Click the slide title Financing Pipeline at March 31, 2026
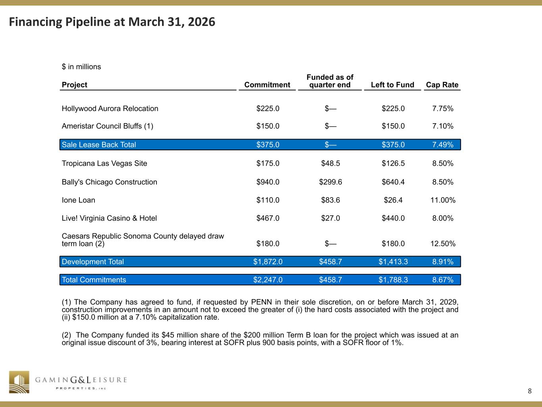(x=112, y=22)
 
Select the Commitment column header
(x=267, y=85)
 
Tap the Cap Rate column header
(x=442, y=85)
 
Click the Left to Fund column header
(x=392, y=85)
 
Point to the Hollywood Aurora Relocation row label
(x=110, y=109)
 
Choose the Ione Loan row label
(x=79, y=200)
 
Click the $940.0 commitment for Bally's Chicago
(x=268, y=182)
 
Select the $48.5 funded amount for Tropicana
(x=330, y=163)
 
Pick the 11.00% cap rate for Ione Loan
(x=443, y=200)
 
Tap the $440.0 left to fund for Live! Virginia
(x=393, y=218)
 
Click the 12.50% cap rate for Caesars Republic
(x=443, y=244)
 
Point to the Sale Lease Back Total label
(x=99, y=145)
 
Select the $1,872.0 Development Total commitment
(x=268, y=262)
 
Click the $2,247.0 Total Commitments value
(x=268, y=280)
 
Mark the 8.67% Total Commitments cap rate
(x=443, y=280)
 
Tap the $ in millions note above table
(x=81, y=67)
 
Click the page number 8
(x=530, y=391)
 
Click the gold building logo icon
(x=19, y=382)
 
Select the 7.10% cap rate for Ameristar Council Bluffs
(x=443, y=126)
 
